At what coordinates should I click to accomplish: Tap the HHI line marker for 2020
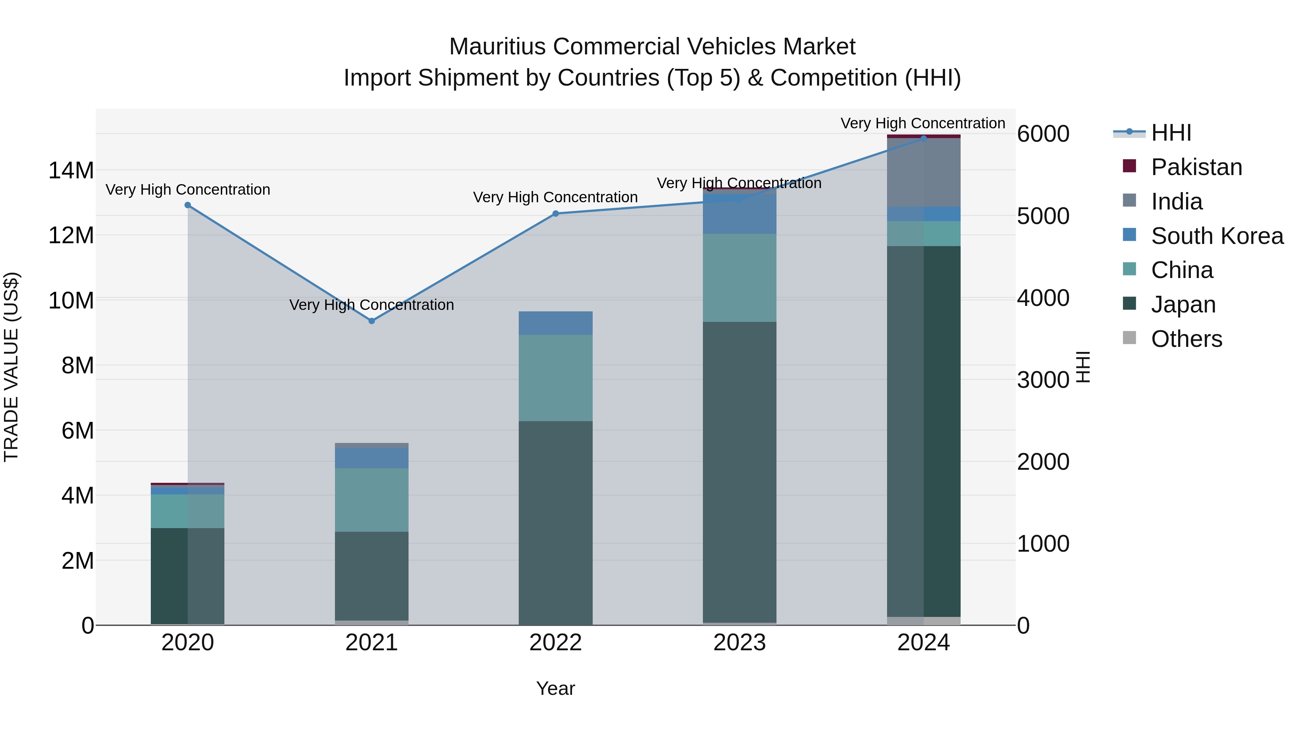pyautogui.click(x=187, y=205)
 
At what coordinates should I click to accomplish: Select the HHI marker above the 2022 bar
pyautogui.click(x=555, y=214)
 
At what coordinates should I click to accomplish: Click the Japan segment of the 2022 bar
pyautogui.click(x=555, y=522)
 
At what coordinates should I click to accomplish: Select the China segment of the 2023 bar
pyautogui.click(x=739, y=278)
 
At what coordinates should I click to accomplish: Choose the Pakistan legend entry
pyautogui.click(x=1196, y=167)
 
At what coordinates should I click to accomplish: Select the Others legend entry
pyautogui.click(x=1186, y=339)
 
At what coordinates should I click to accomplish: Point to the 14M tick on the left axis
pyautogui.click(x=71, y=170)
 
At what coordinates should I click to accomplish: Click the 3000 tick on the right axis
pyautogui.click(x=1043, y=380)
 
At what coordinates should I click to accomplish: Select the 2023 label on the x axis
pyautogui.click(x=739, y=643)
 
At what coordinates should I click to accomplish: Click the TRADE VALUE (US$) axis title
pyautogui.click(x=11, y=367)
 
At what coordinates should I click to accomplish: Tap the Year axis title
pyautogui.click(x=555, y=688)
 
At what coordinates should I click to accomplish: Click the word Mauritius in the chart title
pyautogui.click(x=497, y=47)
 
